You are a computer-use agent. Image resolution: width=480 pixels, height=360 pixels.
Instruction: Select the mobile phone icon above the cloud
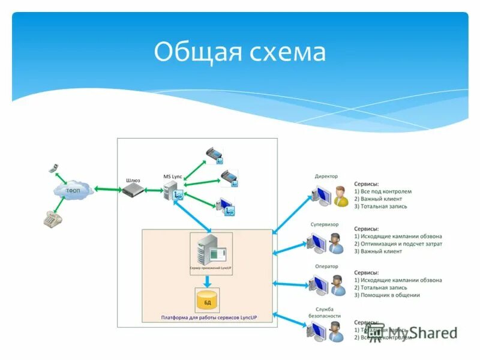(x=53, y=168)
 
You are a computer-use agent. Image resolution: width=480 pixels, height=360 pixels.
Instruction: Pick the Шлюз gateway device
(x=134, y=191)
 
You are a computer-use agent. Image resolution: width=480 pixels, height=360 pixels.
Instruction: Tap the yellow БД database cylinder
(x=207, y=299)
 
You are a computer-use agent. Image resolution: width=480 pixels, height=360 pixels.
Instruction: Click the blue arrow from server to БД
(x=207, y=281)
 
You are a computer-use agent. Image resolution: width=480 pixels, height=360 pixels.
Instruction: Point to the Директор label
(x=326, y=176)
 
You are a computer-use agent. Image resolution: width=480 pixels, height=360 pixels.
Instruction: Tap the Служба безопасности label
(x=326, y=312)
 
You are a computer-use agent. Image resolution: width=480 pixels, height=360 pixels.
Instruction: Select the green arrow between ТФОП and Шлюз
(x=109, y=190)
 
